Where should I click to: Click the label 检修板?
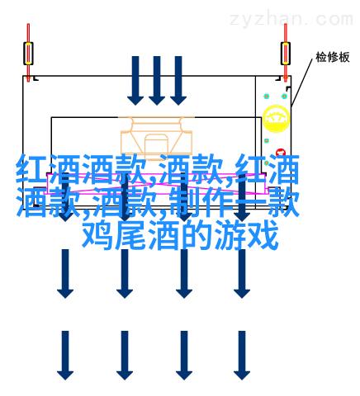click(x=333, y=57)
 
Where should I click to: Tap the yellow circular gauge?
click(x=276, y=119)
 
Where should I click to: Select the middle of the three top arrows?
click(x=157, y=81)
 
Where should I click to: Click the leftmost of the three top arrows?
click(x=135, y=81)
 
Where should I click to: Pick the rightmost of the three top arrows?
click(x=178, y=81)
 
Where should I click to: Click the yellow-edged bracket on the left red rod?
click(x=28, y=54)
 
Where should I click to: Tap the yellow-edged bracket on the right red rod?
click(x=286, y=54)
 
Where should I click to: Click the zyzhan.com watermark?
click(x=291, y=19)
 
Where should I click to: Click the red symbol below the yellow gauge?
click(x=281, y=152)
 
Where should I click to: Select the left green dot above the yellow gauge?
click(x=267, y=97)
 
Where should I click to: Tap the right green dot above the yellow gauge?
click(x=284, y=97)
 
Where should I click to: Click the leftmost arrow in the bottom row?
click(x=65, y=356)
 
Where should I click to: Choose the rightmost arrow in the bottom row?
click(x=242, y=356)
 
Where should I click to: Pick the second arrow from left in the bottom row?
click(x=125, y=356)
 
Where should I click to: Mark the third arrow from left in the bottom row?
click(x=184, y=356)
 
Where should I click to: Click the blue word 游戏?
click(x=246, y=236)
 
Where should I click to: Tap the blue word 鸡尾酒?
click(x=131, y=236)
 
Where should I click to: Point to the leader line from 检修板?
click(x=302, y=82)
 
